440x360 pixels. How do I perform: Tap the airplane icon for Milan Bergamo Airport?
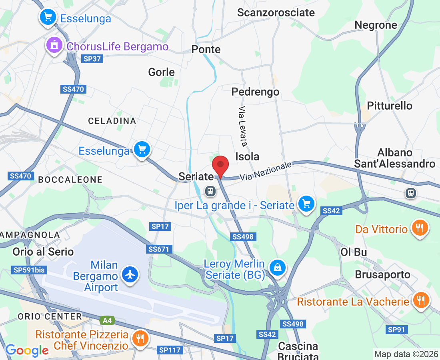point(130,275)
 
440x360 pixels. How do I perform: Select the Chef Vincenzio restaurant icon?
point(140,338)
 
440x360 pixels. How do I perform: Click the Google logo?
point(27,350)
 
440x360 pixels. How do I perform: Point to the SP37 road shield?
point(92,59)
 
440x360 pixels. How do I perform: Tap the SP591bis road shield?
point(29,270)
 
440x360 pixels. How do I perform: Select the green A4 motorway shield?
point(107,320)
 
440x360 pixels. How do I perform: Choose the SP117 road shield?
point(170,350)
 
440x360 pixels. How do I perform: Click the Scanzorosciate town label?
point(276,13)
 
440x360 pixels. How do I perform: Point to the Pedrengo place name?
point(255,92)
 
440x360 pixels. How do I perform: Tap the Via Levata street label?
point(243,126)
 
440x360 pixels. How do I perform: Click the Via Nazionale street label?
point(266,171)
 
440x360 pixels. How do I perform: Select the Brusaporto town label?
point(383,275)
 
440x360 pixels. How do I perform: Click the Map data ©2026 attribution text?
point(405,354)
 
